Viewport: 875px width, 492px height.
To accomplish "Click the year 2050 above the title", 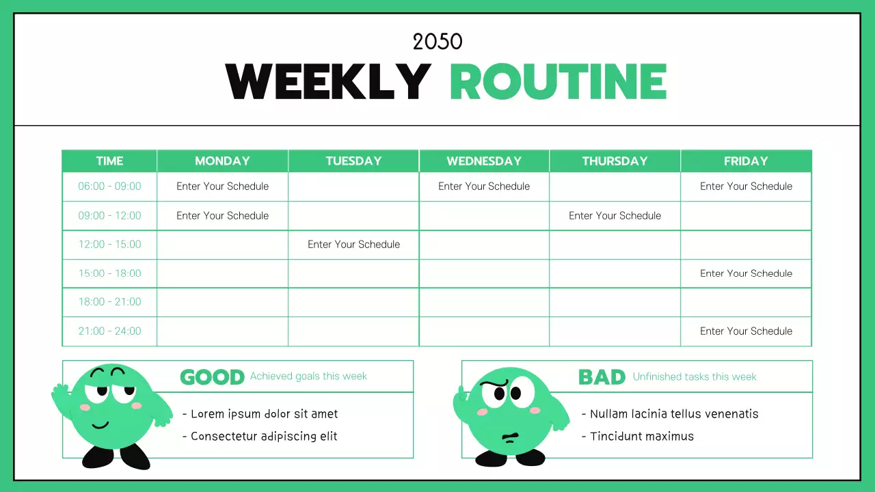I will [x=437, y=42].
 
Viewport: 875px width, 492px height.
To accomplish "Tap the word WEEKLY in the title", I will [x=328, y=82].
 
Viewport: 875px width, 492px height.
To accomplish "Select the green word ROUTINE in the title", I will [x=558, y=82].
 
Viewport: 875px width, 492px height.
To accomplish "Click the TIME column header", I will [x=109, y=161].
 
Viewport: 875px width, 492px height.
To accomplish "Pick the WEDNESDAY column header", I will [x=484, y=161].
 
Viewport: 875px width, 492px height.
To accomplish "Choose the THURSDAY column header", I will [x=615, y=161].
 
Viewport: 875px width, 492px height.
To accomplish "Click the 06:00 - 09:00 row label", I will [x=109, y=187].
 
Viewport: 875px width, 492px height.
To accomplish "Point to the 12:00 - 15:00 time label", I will [x=109, y=245].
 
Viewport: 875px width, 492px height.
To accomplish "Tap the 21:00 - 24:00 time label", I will [x=109, y=331].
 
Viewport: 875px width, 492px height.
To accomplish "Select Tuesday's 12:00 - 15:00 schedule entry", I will [x=353, y=245].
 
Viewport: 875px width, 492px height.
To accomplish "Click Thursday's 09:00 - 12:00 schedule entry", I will [x=615, y=216].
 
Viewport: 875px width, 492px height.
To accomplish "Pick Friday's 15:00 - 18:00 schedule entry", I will [x=746, y=273].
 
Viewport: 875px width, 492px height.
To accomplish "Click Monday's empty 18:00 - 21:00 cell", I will [x=222, y=302].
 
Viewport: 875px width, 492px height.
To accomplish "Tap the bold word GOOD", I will [x=212, y=377].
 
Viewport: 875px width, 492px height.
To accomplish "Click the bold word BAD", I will [x=602, y=377].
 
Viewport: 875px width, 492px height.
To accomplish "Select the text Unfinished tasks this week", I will [x=695, y=377].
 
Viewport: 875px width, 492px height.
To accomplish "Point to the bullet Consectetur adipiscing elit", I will [x=264, y=437].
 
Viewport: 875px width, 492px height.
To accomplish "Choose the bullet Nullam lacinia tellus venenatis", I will [x=674, y=414].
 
